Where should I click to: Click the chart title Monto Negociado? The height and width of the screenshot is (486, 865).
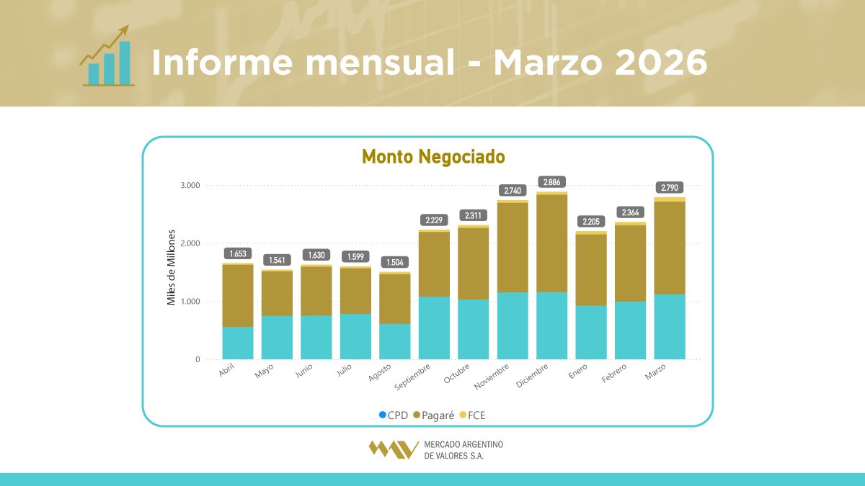click(433, 156)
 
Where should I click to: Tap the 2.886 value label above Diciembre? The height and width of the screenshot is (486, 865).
click(552, 182)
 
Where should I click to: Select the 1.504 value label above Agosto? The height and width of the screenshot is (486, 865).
click(395, 262)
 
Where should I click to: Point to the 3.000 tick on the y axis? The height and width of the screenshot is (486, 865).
click(190, 186)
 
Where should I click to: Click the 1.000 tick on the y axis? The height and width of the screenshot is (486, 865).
click(190, 302)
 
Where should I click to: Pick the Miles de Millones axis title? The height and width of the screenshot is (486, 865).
click(172, 268)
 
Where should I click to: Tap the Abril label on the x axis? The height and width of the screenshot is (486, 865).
click(227, 370)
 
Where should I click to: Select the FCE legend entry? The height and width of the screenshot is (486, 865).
click(473, 415)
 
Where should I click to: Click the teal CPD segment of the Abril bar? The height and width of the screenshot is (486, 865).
click(238, 343)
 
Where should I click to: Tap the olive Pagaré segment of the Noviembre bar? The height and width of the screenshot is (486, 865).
click(513, 247)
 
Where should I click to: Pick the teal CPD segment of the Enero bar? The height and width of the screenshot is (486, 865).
click(591, 332)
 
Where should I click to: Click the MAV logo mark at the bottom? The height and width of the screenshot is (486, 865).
click(393, 449)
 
